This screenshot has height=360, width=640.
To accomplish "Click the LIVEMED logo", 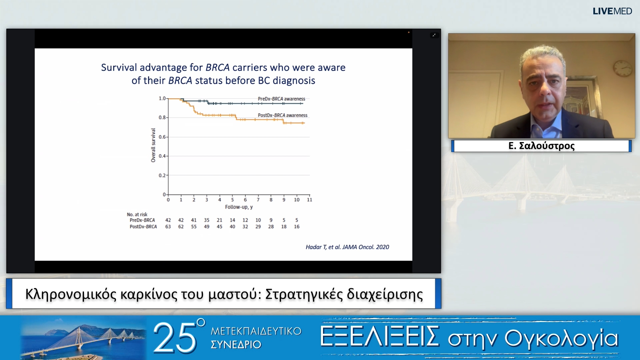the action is point(612,11).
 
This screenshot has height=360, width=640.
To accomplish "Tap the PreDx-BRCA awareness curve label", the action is point(281,99).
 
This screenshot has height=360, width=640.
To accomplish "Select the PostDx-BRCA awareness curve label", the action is point(283,115).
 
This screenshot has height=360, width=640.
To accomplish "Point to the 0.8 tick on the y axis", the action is point(162,118).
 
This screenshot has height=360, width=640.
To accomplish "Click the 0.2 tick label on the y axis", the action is point(162,175).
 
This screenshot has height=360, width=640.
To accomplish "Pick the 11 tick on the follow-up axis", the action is point(309,200).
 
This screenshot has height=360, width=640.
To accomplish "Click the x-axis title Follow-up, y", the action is point(239,207).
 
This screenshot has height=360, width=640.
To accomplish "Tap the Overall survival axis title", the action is point(153,145).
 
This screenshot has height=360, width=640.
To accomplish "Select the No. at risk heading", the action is point(137,214).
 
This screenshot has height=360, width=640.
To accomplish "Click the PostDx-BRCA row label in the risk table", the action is point(143,227).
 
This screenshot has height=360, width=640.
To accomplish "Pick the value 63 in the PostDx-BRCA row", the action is point(168,227).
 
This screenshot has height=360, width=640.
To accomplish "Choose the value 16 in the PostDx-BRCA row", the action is point(297,227).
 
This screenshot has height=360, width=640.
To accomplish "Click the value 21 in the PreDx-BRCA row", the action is point(219,220).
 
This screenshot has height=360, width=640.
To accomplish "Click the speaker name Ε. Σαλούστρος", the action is point(541,146).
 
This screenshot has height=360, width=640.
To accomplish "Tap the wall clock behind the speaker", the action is point(623,68).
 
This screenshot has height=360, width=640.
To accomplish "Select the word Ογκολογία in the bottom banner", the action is point(561,339).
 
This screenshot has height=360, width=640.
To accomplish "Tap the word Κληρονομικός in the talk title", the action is point(71,294).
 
